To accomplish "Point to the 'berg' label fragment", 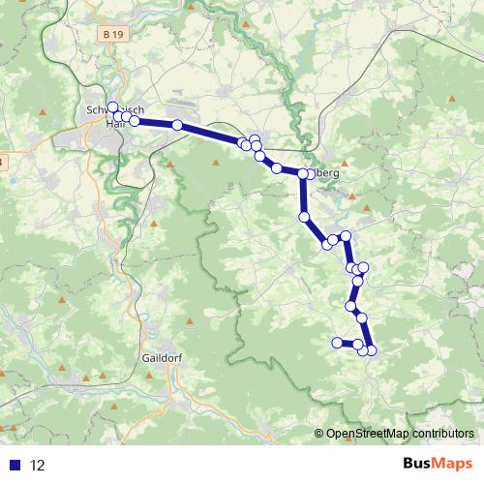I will tap(325, 173).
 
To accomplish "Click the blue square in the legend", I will tap(16, 465).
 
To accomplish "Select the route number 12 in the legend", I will tap(39, 465).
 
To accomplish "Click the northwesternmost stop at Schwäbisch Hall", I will tap(112, 107).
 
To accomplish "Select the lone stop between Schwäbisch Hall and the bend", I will tap(177, 125).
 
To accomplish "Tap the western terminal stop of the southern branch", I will tap(337, 342).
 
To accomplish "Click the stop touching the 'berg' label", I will tap(308, 173).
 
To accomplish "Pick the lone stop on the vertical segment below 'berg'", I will tap(304, 216).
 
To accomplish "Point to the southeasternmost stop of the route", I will tap(371, 350).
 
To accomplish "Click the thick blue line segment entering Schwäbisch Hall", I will tap(155, 123).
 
